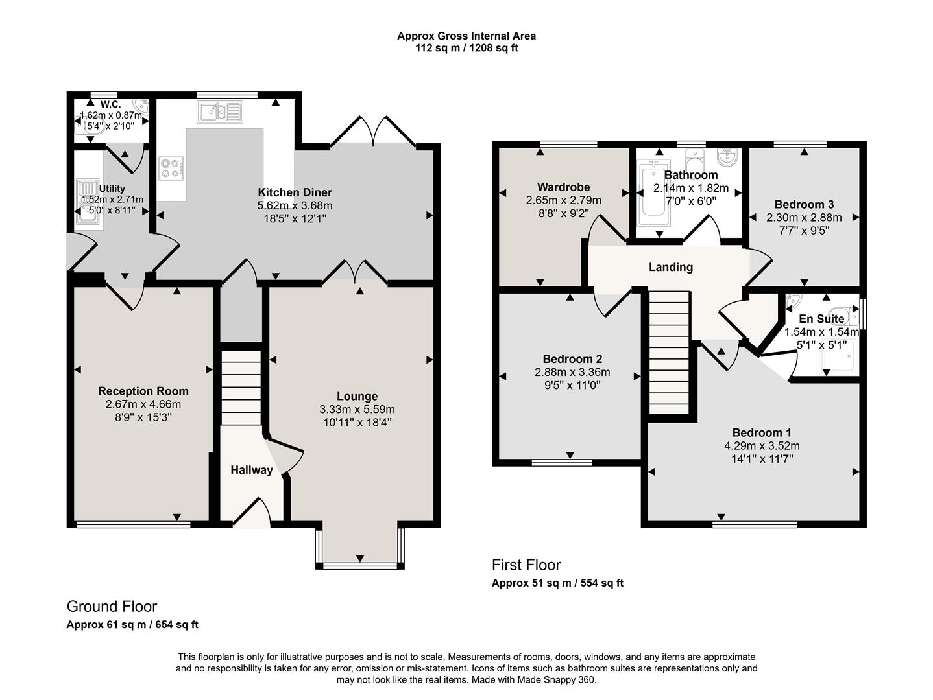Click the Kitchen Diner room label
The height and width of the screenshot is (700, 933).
[x=295, y=192]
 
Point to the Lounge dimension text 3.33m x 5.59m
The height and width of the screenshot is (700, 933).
[x=357, y=410]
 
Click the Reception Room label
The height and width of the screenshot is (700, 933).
[x=143, y=391]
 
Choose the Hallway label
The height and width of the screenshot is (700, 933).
[x=252, y=470]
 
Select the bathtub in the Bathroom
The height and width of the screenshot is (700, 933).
[x=652, y=193]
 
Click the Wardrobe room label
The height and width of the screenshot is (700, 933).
[x=563, y=187]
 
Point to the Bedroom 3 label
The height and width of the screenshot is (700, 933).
[x=804, y=205]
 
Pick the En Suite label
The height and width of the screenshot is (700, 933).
[x=821, y=319]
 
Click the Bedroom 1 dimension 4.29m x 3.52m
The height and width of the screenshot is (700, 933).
[x=762, y=446]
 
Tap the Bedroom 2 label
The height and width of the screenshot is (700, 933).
[x=572, y=359]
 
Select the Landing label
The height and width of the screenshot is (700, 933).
[x=671, y=267]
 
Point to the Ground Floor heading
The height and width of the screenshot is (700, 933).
[x=112, y=607]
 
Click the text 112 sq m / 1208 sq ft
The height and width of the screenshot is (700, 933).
[x=467, y=48]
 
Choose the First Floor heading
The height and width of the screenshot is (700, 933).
[x=526, y=565]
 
